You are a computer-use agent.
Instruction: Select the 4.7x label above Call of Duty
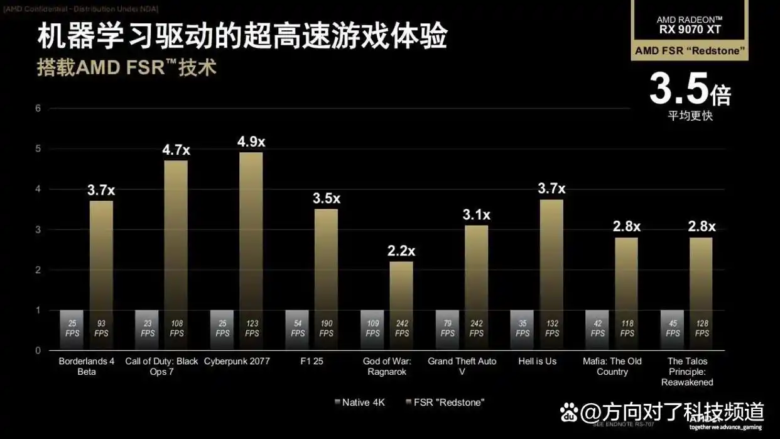[x=176, y=150]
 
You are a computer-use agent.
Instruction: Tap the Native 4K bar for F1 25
[x=297, y=330]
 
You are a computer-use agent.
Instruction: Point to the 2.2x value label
[x=401, y=251]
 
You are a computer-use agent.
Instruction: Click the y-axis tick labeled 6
[x=38, y=108]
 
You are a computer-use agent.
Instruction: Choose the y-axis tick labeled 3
[x=38, y=230]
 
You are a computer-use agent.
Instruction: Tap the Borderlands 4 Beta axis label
[x=87, y=367]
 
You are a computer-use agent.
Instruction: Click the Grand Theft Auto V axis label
[x=462, y=367]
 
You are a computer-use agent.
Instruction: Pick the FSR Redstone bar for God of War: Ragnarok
[x=401, y=302]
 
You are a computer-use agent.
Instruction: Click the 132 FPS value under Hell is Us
[x=552, y=328]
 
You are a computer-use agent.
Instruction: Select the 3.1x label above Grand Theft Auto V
[x=476, y=215]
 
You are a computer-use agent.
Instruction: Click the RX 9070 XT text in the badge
[x=690, y=30]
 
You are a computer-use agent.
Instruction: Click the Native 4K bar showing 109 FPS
[x=372, y=330]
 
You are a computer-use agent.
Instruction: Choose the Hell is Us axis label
[x=538, y=362]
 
